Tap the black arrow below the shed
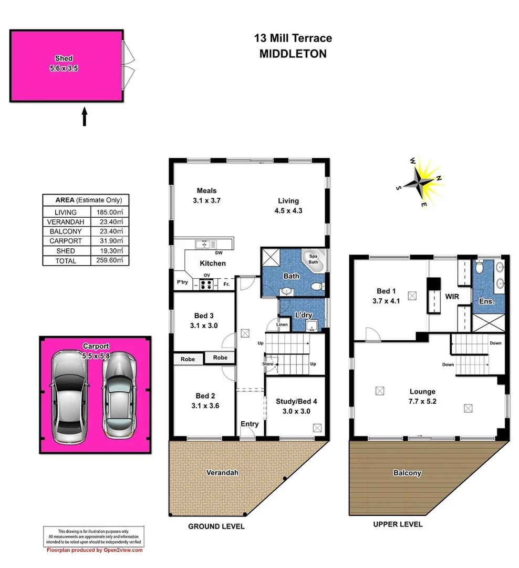point(84,116)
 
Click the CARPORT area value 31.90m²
point(109,241)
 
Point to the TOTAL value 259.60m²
point(109,261)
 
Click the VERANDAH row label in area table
point(66,221)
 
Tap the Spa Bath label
point(313,259)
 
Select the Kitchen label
point(213,263)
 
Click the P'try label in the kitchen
point(182,283)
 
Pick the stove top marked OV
point(206,285)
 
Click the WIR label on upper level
point(452,297)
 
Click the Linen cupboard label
point(282,325)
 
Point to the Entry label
point(250,424)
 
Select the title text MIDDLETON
point(293,54)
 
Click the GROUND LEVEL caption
point(216,526)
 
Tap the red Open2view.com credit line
point(95,550)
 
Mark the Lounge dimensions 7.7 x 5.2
point(422,400)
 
